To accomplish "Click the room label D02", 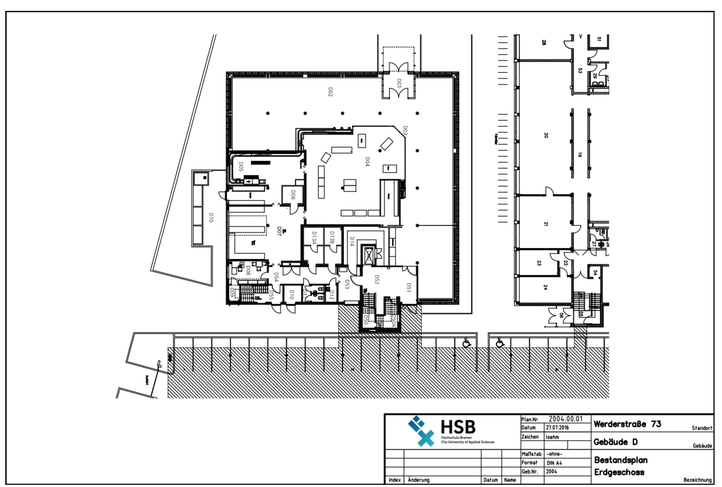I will [330, 92].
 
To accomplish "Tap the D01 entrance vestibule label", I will [399, 83].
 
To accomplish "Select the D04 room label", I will [367, 161].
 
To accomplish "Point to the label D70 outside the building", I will [210, 217].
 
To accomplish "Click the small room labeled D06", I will [293, 195].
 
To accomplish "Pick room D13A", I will [314, 238].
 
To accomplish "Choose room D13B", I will [332, 237].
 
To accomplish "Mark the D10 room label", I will [291, 295].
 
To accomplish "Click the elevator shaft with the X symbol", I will [368, 255].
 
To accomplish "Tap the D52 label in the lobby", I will [377, 279].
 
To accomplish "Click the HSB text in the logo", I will [458, 428].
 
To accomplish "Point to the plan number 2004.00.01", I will [565, 419].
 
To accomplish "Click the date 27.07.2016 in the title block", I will [557, 428].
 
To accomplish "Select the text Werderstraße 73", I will [627, 424].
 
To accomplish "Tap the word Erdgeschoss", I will [619, 472].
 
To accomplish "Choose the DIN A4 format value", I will [554, 463].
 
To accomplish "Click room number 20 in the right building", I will [546, 135].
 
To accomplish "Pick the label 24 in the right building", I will [545, 287].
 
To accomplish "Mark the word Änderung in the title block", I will [418, 480].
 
